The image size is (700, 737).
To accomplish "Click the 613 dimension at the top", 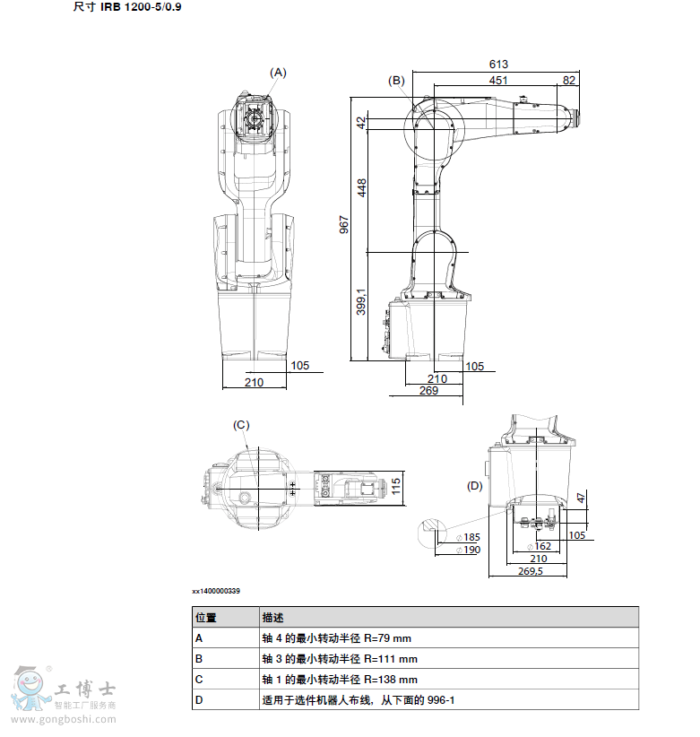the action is tap(498, 64).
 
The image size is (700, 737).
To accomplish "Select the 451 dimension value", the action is tap(498, 81).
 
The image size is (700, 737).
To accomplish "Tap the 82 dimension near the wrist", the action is tap(569, 81).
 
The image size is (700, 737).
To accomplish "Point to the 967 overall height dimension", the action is tap(344, 225).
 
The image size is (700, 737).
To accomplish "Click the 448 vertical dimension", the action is tap(362, 187).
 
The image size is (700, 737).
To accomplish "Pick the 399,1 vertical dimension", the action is tap(361, 302).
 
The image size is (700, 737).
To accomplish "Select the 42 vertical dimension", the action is tap(361, 123).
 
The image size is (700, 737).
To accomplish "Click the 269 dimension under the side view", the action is tap(428, 391).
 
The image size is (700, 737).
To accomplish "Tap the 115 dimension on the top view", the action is tap(396, 486).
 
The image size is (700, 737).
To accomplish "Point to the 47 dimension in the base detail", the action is tap(581, 498).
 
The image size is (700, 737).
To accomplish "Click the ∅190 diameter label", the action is tap(469, 550).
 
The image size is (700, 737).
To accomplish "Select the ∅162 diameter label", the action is tap(540, 546).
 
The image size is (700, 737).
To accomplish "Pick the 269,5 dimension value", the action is tap(531, 571).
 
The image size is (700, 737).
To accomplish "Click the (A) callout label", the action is tap(278, 73).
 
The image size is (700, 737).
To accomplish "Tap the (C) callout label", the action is tap(241, 425).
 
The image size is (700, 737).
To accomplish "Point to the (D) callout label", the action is tap(474, 486).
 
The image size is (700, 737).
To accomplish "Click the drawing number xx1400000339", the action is tap(216, 591).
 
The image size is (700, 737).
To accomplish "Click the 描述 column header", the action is tap(272, 617).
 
